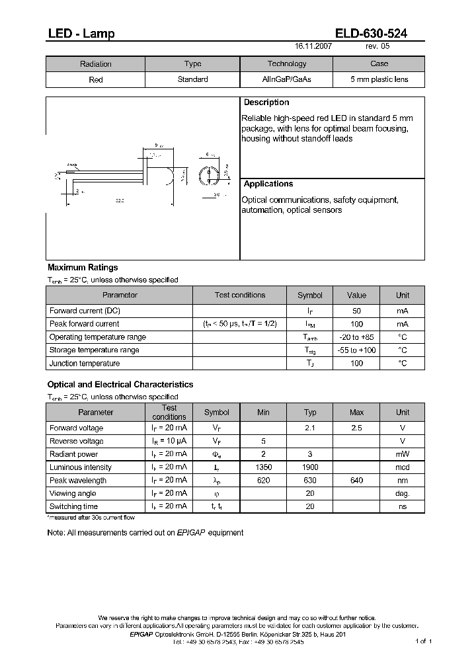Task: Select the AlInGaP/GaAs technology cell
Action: pos(286,79)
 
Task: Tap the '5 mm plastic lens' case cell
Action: pos(379,79)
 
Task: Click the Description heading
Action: pos(266,102)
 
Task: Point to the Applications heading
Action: pos(268,184)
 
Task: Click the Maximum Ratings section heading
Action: pos(83,268)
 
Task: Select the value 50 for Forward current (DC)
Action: pos(356,311)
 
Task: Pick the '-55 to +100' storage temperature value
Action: pos(356,350)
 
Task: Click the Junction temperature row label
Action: pos(85,364)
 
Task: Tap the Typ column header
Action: pos(310,413)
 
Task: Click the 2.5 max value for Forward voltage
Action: pos(356,428)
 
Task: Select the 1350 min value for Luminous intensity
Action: pos(263,467)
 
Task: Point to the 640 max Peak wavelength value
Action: pos(356,481)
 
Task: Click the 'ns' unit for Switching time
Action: pos(403,506)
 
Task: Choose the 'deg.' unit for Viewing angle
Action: pos(403,493)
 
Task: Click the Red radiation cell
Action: pos(96,79)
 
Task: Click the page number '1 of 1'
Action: pos(423,641)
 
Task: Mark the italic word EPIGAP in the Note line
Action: pos(191,533)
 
